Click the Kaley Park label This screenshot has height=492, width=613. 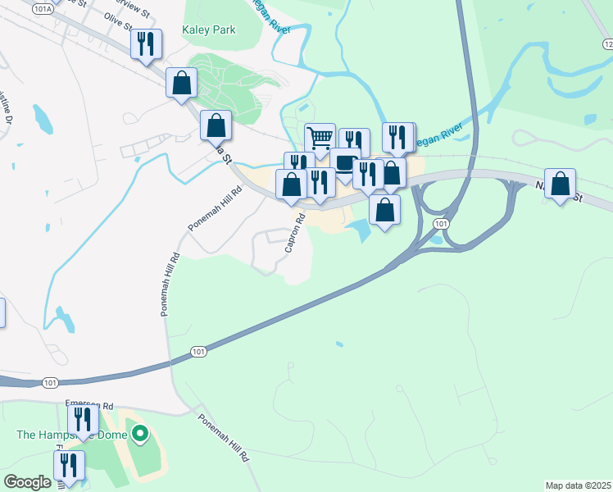209,30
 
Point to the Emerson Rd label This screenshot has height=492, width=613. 89,405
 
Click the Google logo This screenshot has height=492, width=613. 27,482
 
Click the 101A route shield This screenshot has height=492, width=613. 43,7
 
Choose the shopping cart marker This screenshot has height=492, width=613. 320,137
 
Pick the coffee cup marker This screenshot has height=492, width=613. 345,162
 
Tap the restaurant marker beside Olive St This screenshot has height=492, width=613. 146,44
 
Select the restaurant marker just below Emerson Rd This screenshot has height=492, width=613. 83,419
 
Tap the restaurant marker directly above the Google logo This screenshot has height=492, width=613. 69,465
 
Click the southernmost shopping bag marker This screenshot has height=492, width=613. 384,208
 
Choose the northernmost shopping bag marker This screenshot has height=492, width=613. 181,82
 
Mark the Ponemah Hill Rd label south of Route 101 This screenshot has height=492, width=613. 224,438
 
